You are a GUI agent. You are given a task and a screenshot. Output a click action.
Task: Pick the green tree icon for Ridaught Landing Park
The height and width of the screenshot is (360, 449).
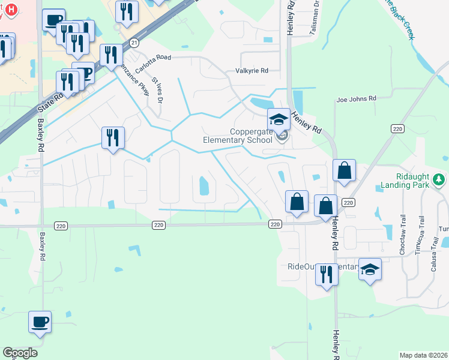point(440,179)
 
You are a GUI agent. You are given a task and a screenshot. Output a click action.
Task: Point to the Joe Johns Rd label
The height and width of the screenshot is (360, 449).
point(356,98)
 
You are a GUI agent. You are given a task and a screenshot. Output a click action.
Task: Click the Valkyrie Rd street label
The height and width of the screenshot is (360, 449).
point(252,71)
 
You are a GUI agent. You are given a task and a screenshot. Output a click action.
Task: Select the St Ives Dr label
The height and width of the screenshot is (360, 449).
point(157,90)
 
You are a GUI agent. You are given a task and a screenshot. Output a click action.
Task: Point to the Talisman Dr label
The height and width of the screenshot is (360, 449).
point(315,13)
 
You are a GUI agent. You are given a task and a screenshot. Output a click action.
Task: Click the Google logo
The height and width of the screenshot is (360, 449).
point(20,353)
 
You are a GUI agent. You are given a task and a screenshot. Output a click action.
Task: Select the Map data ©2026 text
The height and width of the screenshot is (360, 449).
point(424,355)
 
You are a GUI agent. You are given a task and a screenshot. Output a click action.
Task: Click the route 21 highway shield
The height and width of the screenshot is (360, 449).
point(134,43)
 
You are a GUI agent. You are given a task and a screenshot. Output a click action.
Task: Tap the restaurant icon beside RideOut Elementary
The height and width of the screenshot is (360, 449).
point(326,274)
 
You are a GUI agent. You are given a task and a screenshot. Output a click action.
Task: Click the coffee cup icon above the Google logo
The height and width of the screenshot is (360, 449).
point(40,322)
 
